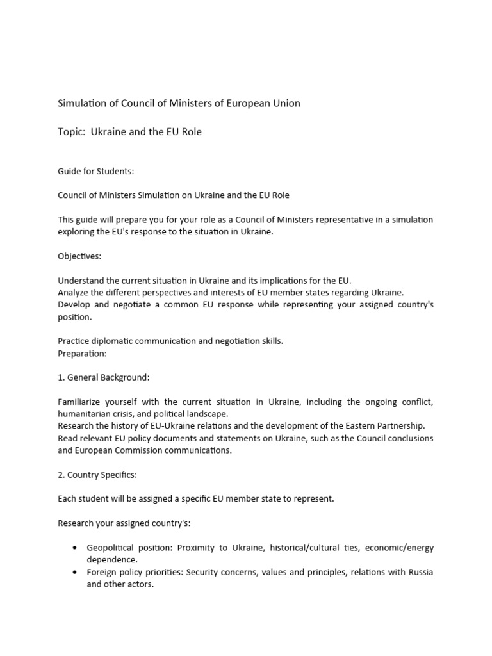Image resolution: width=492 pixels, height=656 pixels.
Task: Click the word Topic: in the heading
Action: [x=72, y=132]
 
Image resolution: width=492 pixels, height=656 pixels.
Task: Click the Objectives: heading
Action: [x=79, y=256]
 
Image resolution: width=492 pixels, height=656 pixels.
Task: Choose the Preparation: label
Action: [x=83, y=353]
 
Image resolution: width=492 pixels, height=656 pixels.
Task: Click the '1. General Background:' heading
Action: [x=103, y=377]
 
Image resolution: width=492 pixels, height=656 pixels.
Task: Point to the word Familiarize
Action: [x=81, y=402]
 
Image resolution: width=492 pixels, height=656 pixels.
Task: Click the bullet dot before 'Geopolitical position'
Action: [x=76, y=548]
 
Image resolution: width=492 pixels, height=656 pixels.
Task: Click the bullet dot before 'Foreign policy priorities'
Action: [x=76, y=572]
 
